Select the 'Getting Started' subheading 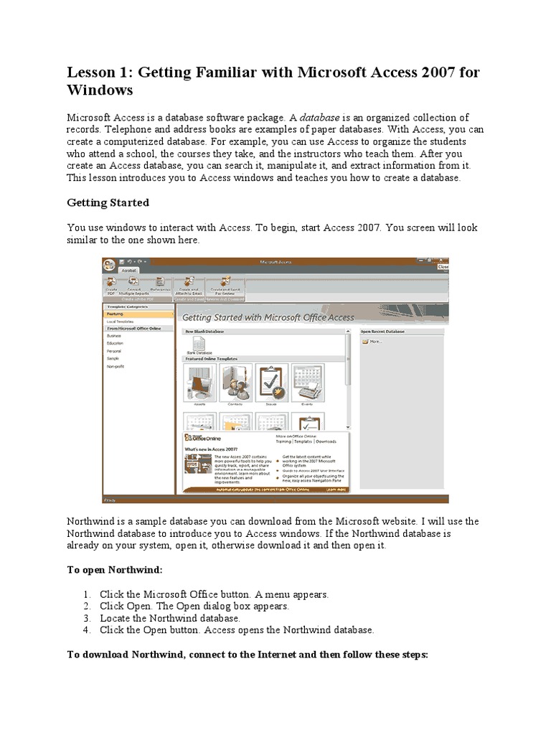tap(108, 202)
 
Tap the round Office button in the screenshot tap(109, 265)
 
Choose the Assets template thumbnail tap(200, 383)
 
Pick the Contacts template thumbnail tap(235, 383)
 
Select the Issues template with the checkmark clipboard tap(272, 383)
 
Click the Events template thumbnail tap(306, 383)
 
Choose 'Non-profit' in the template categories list tap(116, 366)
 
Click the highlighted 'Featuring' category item tap(116, 314)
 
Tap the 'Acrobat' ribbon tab tap(130, 271)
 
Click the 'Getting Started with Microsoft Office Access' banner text tap(268, 317)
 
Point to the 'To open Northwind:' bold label tap(116, 569)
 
